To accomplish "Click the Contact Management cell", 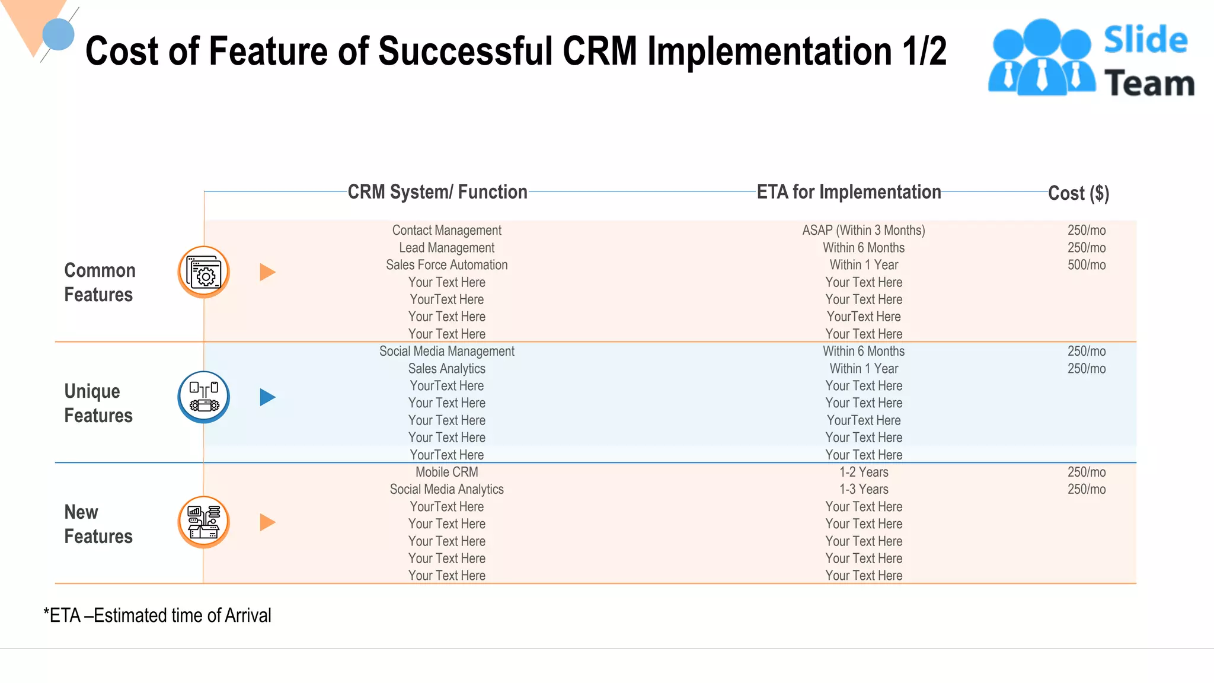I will click(x=446, y=230).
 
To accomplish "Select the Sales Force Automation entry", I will click(x=446, y=265).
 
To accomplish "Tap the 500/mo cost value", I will click(x=1086, y=265).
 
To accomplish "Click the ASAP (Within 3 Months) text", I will click(x=863, y=230).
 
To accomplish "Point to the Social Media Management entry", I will click(x=446, y=351).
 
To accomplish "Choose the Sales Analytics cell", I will click(x=446, y=369).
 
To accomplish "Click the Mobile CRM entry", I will click(x=446, y=472).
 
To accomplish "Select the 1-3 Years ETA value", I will click(x=863, y=489).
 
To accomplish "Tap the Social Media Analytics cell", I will click(x=446, y=489).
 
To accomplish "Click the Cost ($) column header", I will click(x=1078, y=193).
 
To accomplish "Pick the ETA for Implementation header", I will click(x=848, y=192).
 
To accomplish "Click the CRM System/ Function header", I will click(x=437, y=192).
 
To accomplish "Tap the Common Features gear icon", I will click(x=203, y=272).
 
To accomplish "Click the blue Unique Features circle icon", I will click(x=203, y=397).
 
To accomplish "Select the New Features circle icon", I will click(x=203, y=522).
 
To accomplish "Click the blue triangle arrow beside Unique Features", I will click(x=267, y=397).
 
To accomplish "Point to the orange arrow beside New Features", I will click(x=267, y=522).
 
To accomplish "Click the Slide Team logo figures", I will click(x=1042, y=58).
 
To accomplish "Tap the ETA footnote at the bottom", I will click(x=157, y=615).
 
